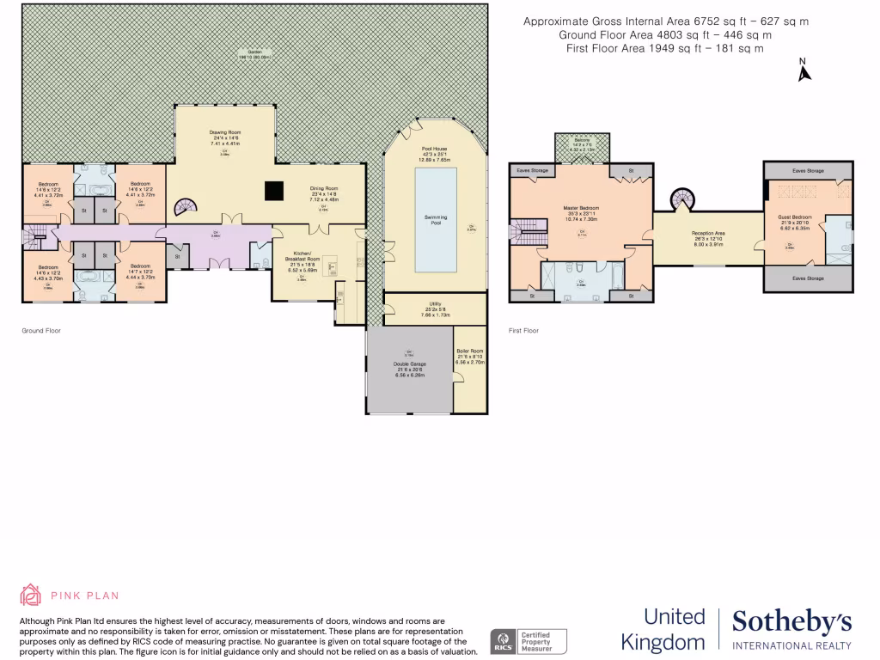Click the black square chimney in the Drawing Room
tap(274, 190)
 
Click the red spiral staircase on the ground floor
tap(186, 207)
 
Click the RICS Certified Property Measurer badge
tap(528, 641)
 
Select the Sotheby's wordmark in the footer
tap(791, 621)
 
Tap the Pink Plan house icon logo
tap(31, 595)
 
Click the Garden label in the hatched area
tap(254, 52)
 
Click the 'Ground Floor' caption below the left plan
tap(40, 330)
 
